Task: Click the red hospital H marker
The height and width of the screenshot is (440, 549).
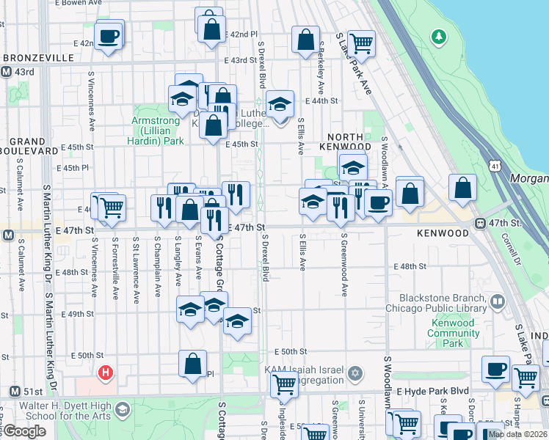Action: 106,373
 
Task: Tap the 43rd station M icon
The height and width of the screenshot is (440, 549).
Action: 6,72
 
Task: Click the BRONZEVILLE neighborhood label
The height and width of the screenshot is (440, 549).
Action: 38,57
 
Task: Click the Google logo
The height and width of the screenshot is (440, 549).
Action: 23,431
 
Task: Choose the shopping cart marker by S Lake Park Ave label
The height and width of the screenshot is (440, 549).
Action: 361,43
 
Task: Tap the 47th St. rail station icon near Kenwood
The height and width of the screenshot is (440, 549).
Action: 481,223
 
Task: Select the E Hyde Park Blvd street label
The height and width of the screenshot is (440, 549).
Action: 426,393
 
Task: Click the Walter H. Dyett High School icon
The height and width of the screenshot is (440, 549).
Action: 122,408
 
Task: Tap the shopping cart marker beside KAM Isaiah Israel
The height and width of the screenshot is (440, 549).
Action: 284,383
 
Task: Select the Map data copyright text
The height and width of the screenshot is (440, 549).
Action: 517,434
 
